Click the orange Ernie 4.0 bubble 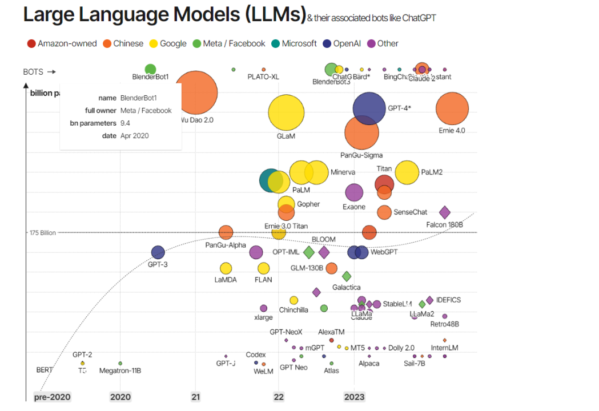[x=452, y=108]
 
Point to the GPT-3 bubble [x=158, y=252]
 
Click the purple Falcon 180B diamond [x=445, y=212]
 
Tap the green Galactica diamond [x=347, y=276]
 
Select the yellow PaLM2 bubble [x=407, y=172]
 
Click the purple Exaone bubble [x=354, y=193]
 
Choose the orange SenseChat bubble [x=384, y=212]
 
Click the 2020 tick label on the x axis [x=120, y=397]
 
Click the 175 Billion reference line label [x=43, y=233]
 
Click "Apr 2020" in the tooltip [x=134, y=136]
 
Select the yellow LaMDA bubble [x=226, y=268]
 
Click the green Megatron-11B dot [x=120, y=363]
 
